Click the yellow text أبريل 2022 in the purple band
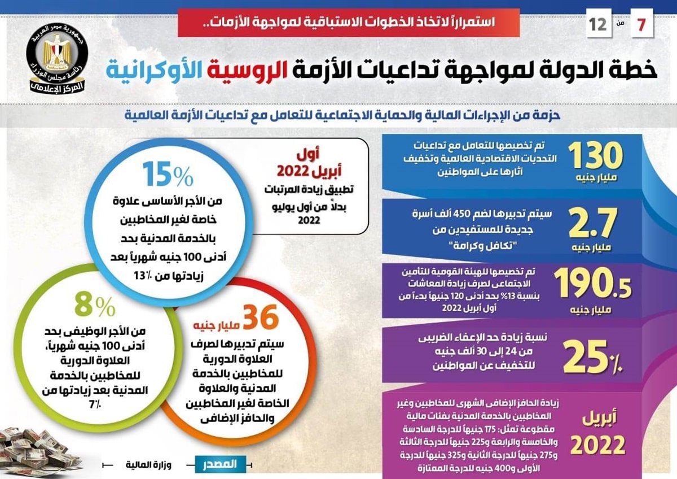[x=598, y=432]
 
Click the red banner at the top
[x=348, y=23]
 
